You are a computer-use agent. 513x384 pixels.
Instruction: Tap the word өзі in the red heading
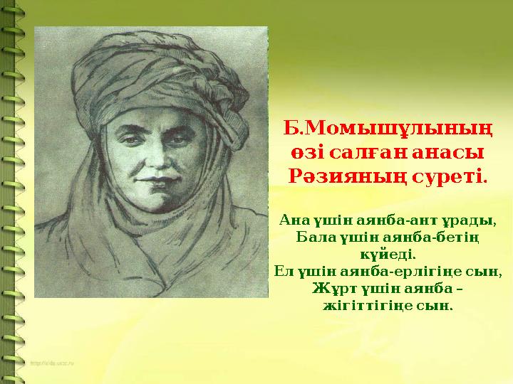(304, 152)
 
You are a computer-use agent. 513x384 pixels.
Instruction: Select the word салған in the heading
(363, 152)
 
